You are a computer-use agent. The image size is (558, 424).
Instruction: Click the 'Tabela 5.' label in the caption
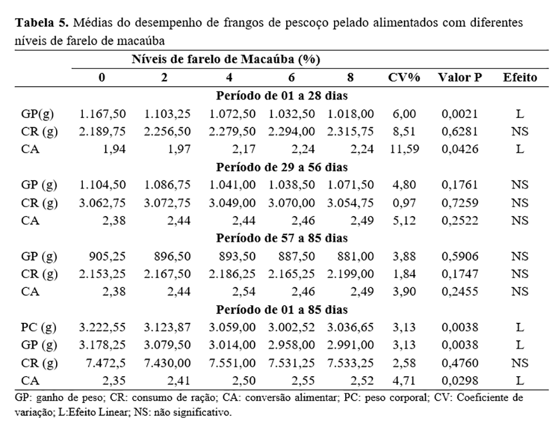(x=42, y=24)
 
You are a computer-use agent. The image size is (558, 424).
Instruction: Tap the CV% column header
(x=403, y=78)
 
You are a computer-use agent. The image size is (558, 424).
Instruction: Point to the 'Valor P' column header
(x=460, y=78)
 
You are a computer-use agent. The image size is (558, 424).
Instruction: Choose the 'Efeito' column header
(x=520, y=78)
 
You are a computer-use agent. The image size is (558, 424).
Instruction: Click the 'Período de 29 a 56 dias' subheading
(x=282, y=167)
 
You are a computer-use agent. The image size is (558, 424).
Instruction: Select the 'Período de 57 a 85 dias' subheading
(x=282, y=238)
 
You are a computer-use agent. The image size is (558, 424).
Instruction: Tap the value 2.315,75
(x=351, y=132)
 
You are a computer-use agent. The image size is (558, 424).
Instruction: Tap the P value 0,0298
(x=460, y=381)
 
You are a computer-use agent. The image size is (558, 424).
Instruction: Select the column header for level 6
(x=291, y=78)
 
